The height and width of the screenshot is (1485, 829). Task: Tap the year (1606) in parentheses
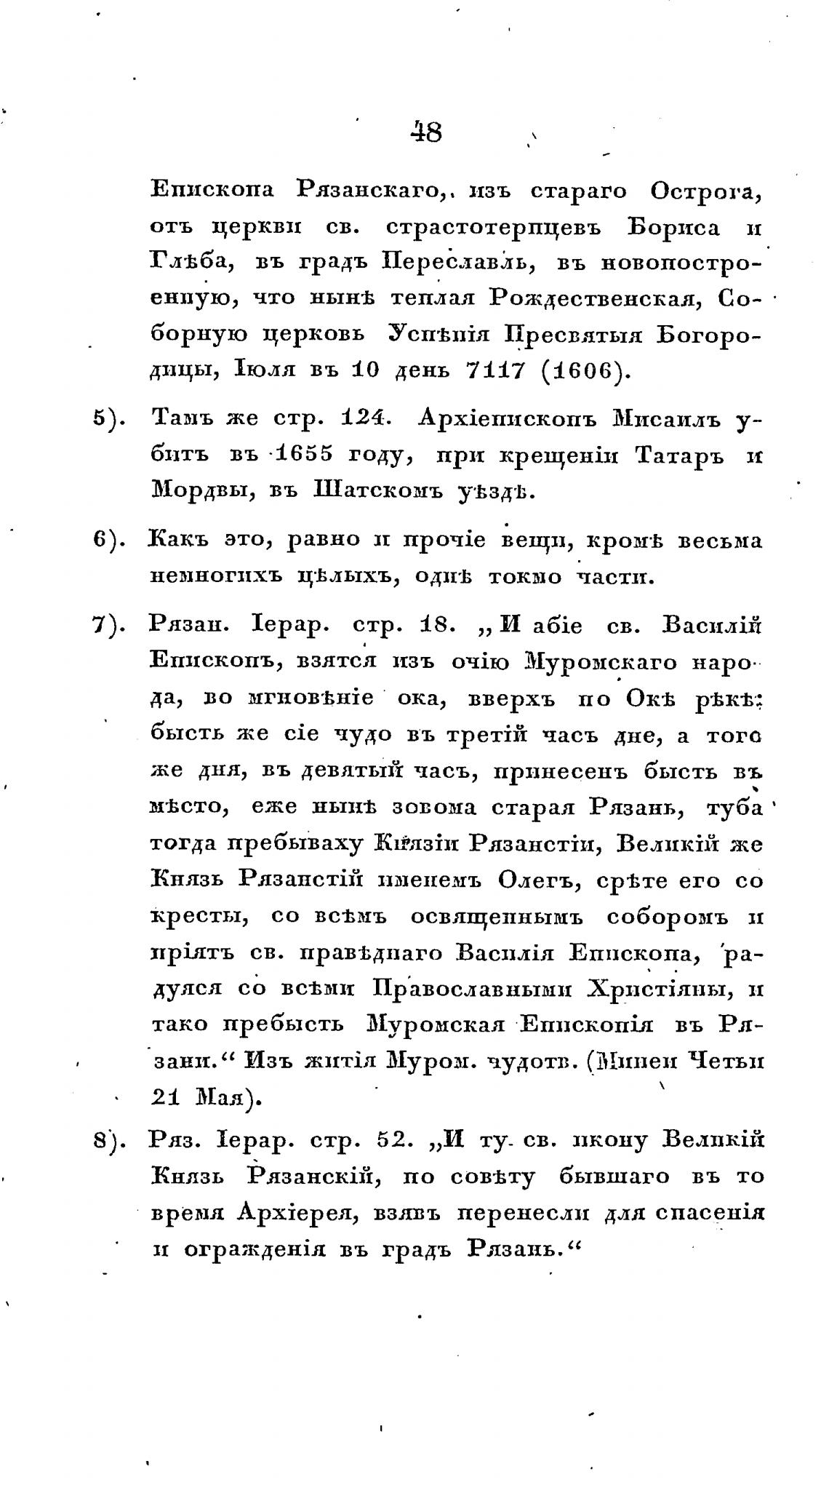[582, 370]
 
